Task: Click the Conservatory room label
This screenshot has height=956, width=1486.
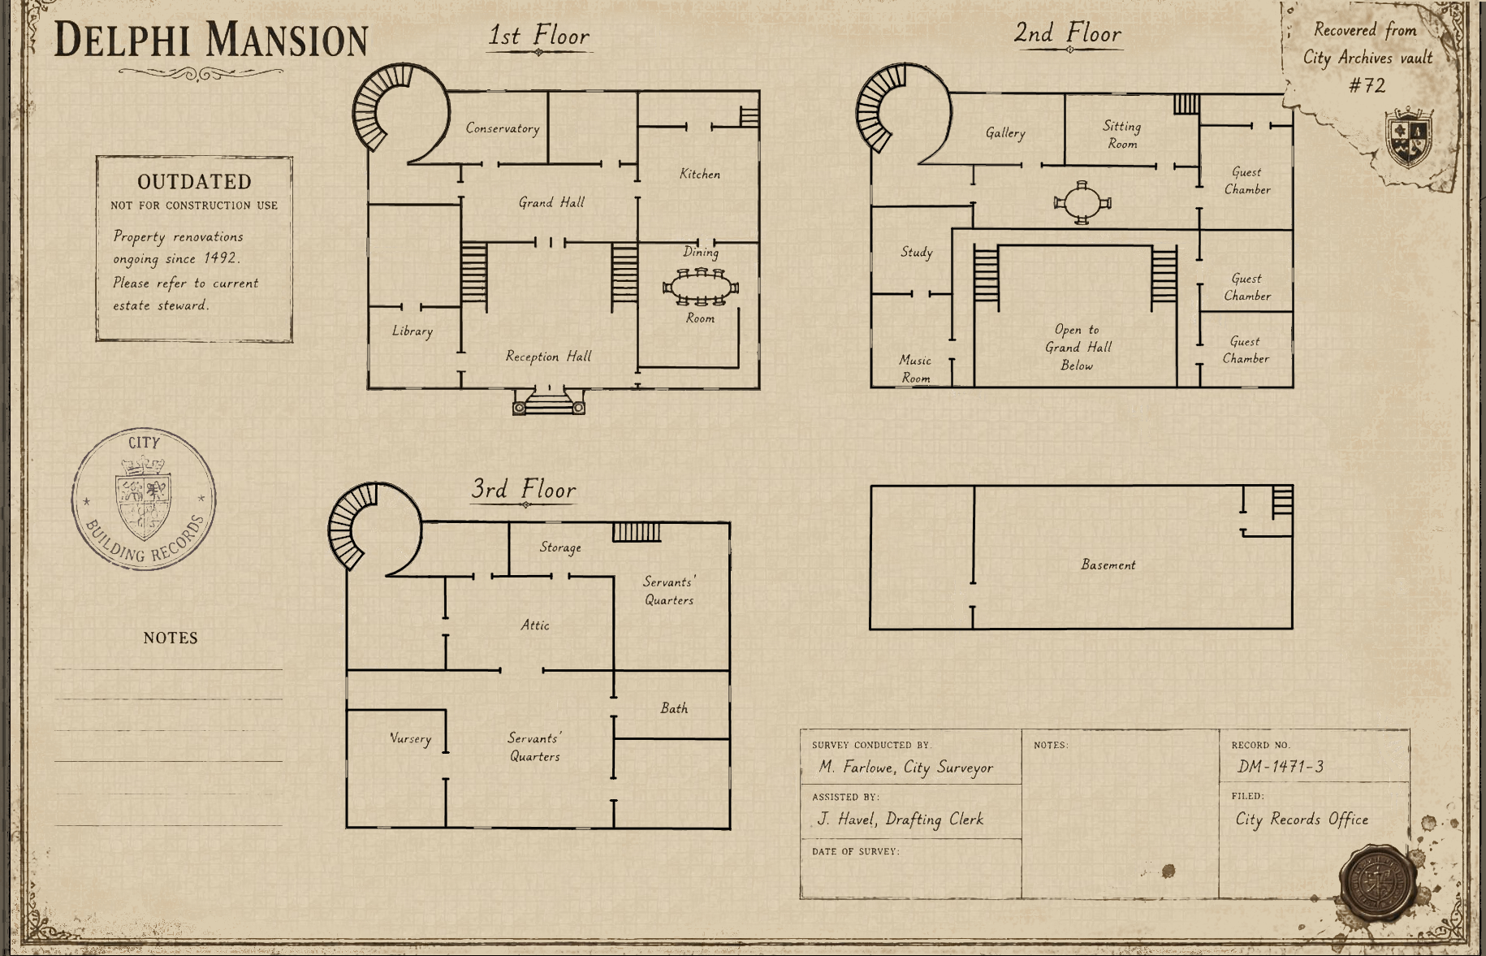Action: (503, 128)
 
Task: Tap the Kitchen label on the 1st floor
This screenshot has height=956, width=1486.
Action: (700, 174)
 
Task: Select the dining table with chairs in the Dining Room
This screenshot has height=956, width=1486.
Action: (701, 287)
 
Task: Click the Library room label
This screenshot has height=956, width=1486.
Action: (413, 331)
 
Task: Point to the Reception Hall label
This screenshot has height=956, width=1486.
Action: (549, 356)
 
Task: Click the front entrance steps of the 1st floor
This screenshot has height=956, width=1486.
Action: (549, 402)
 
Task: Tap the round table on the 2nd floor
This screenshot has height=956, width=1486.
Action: (1082, 202)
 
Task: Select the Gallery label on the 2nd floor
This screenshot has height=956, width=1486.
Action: (1005, 133)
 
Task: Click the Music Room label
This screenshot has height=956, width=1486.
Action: (915, 369)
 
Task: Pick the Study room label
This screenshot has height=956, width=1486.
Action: (917, 253)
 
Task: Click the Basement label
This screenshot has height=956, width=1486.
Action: (1108, 565)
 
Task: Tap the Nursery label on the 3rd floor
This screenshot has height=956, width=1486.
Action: (411, 738)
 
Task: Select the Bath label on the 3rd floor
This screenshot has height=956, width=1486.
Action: (674, 708)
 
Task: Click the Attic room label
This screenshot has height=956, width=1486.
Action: (535, 625)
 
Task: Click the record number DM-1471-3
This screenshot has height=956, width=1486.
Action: (1281, 766)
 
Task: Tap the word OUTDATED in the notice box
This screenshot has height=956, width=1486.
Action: (194, 181)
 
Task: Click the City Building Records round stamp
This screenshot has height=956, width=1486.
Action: (145, 499)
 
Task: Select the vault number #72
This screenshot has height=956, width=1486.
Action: (1367, 85)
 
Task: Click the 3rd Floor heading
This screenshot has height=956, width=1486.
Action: (524, 489)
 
